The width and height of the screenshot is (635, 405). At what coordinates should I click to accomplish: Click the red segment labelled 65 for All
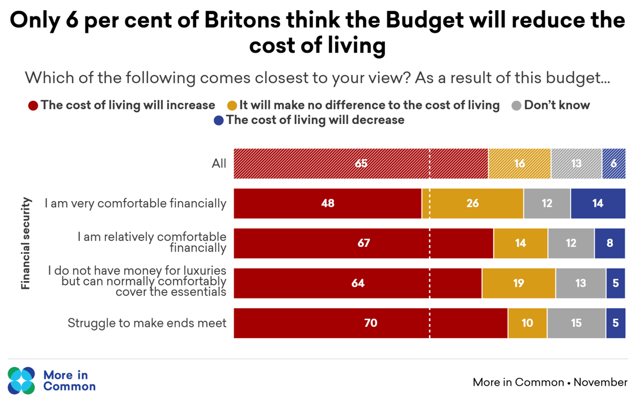pyautogui.click(x=361, y=163)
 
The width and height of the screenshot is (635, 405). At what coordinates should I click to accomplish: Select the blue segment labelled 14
pyautogui.click(x=598, y=203)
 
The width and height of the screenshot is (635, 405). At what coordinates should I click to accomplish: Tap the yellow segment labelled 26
pyautogui.click(x=472, y=203)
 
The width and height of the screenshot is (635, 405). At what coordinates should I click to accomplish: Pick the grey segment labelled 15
pyautogui.click(x=576, y=323)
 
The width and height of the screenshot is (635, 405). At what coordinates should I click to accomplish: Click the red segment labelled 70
pyautogui.click(x=370, y=323)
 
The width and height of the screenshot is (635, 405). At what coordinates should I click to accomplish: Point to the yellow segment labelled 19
pyautogui.click(x=518, y=283)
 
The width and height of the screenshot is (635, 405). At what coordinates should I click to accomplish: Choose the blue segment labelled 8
pyautogui.click(x=609, y=243)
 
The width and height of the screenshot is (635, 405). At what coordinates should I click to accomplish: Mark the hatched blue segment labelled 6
pyautogui.click(x=613, y=163)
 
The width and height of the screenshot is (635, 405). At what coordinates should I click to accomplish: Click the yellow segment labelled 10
pyautogui.click(x=527, y=323)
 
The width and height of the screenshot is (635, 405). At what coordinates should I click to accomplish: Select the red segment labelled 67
pyautogui.click(x=363, y=243)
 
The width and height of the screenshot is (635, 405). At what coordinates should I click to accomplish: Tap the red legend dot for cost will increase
pyautogui.click(x=33, y=105)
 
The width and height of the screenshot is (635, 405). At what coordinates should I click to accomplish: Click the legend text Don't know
pyautogui.click(x=557, y=105)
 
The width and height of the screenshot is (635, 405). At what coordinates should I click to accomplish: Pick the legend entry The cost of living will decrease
pyautogui.click(x=315, y=120)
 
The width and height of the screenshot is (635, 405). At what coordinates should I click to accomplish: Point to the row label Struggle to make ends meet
pyautogui.click(x=147, y=323)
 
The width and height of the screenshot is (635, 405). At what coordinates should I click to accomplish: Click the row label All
pyautogui.click(x=219, y=164)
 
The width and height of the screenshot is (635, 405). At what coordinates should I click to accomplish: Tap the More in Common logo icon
pyautogui.click(x=22, y=380)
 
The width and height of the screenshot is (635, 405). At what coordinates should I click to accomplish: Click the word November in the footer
pyautogui.click(x=600, y=382)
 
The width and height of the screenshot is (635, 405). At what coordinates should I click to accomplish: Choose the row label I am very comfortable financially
pyautogui.click(x=136, y=203)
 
